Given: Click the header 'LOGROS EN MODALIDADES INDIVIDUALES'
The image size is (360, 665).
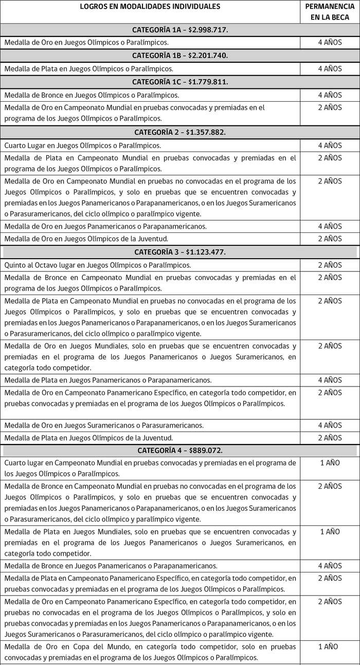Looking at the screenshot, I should click(150, 7).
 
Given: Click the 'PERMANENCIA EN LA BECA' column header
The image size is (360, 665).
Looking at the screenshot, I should click(330, 12).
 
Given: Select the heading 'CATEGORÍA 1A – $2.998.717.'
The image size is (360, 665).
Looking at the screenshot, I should click(180, 30).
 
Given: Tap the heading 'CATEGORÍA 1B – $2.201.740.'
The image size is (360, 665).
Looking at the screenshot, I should click(180, 56).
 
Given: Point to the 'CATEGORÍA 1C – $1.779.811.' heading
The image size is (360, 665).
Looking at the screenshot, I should click(180, 82).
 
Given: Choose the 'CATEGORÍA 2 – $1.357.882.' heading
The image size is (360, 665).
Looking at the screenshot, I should click(180, 133).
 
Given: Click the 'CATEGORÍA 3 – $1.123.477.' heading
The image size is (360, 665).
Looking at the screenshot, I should click(180, 252).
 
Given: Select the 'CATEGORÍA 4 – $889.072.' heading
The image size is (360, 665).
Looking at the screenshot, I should click(180, 451).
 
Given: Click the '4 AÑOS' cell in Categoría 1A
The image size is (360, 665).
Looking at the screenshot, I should click(330, 43).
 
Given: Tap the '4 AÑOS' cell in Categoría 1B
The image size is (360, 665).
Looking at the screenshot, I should click(330, 68).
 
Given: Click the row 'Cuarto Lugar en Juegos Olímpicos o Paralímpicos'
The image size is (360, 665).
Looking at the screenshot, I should click(83, 146).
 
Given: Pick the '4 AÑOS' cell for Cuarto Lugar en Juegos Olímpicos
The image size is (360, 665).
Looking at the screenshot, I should click(330, 146).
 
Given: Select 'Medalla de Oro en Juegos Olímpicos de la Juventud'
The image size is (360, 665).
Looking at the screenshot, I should click(86, 239).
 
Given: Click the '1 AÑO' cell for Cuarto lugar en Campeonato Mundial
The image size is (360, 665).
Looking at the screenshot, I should click(330, 463).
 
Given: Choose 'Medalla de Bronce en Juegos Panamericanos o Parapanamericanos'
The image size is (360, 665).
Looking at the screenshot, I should click(111, 566).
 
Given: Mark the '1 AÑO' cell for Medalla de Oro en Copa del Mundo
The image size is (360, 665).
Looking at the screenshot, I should click(330, 646).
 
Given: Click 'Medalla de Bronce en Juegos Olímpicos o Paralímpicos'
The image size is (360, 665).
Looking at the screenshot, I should click(92, 95).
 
